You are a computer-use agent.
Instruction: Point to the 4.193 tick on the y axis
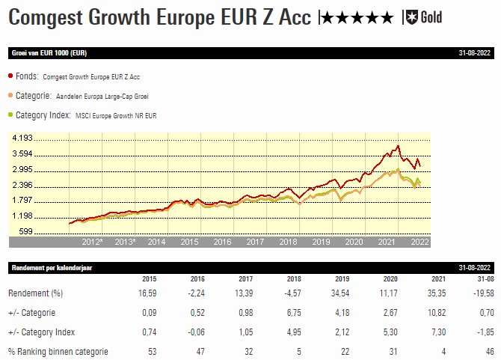point(22,139)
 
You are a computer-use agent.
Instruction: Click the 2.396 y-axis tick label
point(22,185)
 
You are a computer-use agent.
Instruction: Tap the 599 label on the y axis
point(25,231)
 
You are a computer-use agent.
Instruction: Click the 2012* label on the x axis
point(92,242)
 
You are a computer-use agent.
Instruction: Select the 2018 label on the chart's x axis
point(288,242)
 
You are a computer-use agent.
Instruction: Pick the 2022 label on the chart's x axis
point(419,242)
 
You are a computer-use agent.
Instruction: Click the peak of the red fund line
point(399,146)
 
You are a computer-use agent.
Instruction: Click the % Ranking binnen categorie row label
point(58,352)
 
